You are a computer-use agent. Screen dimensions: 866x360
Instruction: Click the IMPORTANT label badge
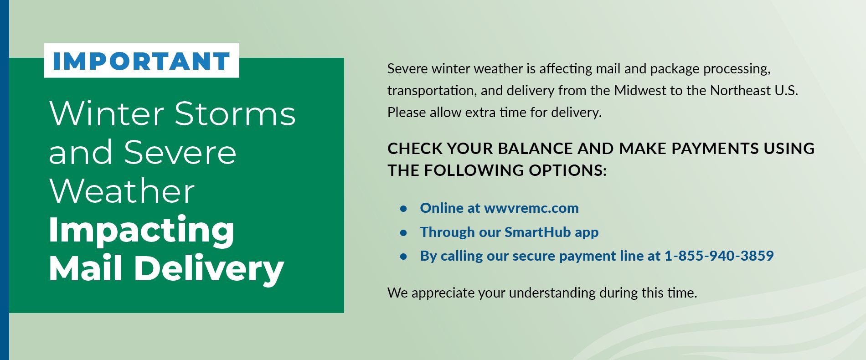[141, 61]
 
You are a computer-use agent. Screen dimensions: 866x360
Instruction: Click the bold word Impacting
[141, 230]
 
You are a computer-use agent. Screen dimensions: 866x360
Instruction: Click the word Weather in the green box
[122, 191]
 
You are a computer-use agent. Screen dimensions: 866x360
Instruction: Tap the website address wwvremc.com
[531, 208]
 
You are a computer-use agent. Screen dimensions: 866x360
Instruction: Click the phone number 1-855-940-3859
[719, 256]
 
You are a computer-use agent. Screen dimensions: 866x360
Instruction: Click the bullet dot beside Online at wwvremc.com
[403, 209]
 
